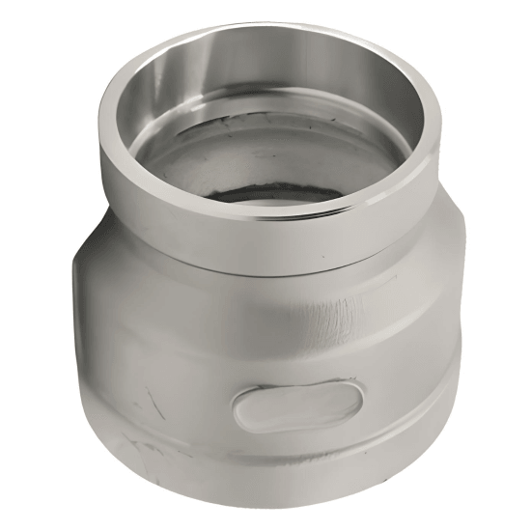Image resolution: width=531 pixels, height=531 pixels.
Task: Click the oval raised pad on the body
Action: click(x=298, y=405)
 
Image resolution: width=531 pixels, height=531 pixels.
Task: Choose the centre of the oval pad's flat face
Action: click(x=298, y=405)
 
